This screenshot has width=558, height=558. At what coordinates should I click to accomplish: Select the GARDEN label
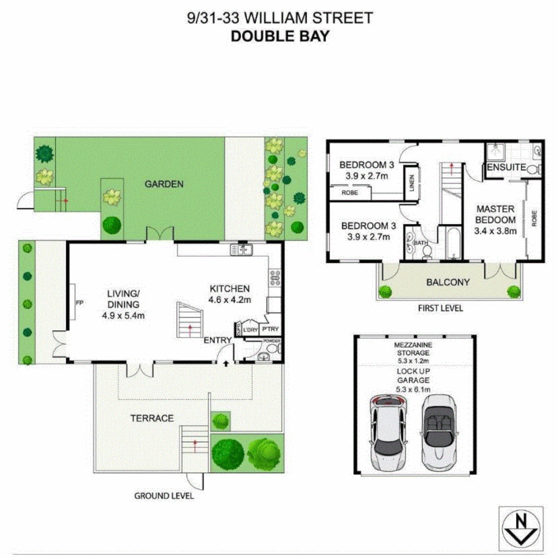[x=163, y=183]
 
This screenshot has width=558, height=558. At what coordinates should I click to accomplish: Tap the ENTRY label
[x=217, y=340]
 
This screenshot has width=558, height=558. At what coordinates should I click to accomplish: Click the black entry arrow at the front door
[x=226, y=364]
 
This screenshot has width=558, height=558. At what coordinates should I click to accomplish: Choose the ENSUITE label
[x=506, y=168]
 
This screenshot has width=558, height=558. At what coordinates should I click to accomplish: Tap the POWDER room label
[x=272, y=341]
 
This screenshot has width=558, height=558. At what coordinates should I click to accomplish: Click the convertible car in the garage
[x=439, y=429]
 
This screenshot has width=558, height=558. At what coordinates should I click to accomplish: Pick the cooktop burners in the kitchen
[x=275, y=278]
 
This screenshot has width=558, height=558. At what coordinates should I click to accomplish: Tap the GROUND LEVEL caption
[x=164, y=496]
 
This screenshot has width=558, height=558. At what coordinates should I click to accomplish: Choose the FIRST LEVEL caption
[x=441, y=308]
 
